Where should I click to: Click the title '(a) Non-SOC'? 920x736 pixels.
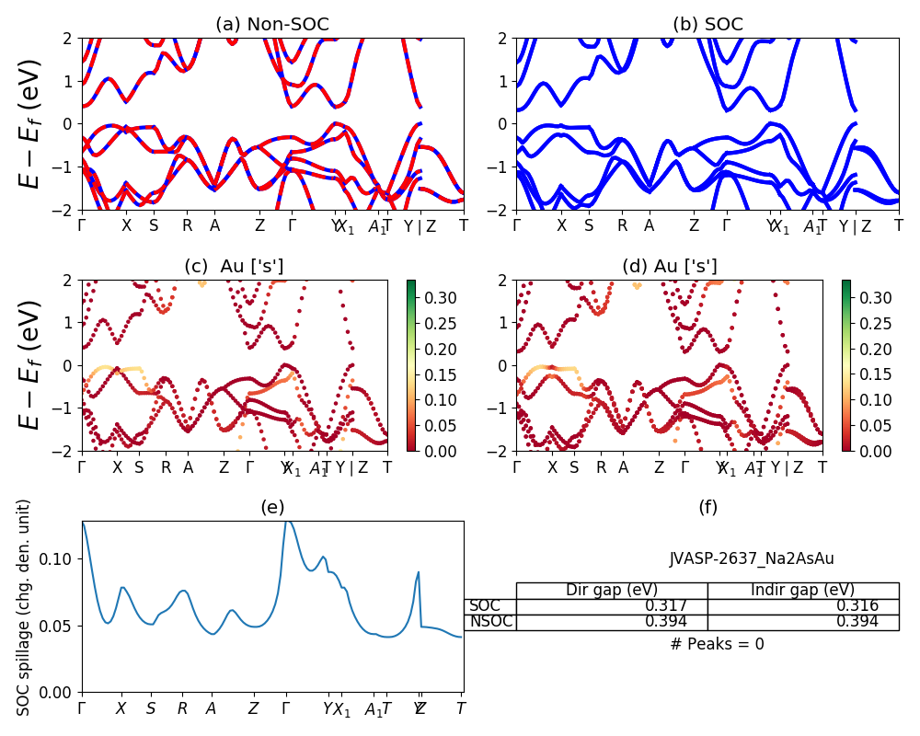pyautogui.click(x=272, y=25)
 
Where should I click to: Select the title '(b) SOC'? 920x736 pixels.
pyautogui.click(x=707, y=25)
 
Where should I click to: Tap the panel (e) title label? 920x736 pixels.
pyautogui.click(x=272, y=507)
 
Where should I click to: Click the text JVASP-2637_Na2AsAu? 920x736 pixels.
pyautogui.click(x=752, y=558)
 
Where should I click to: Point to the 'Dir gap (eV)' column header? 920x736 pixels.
pyautogui.click(x=611, y=591)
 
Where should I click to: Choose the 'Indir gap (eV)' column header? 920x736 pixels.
pyautogui.click(x=802, y=591)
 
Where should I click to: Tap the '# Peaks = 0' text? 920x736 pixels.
pyautogui.click(x=717, y=644)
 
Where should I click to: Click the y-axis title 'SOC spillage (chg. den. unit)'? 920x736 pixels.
pyautogui.click(x=25, y=607)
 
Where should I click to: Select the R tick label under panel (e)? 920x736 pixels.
pyautogui.click(x=182, y=709)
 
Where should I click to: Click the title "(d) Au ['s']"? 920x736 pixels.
pyautogui.click(x=669, y=267)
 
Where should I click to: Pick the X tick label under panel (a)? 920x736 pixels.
pyautogui.click(x=127, y=225)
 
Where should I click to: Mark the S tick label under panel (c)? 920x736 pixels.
pyautogui.click(x=139, y=466)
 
